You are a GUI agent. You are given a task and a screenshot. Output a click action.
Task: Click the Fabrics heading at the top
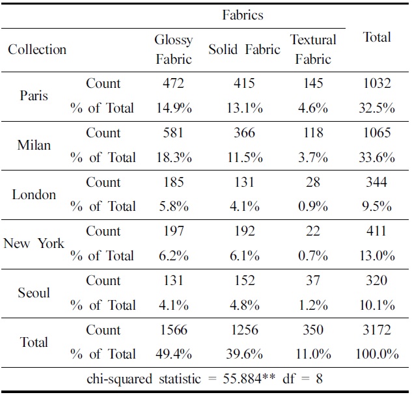coord(242,14)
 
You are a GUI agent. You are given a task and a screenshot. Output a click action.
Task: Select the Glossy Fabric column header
coord(173,49)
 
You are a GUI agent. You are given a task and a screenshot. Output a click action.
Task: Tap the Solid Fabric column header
coord(244,49)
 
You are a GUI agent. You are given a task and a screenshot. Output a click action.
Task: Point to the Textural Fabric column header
coord(313,49)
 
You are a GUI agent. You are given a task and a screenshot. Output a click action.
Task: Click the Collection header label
coord(37,49)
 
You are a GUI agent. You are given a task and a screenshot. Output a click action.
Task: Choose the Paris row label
coord(34,96)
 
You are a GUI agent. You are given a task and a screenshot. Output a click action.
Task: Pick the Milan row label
coord(34,145)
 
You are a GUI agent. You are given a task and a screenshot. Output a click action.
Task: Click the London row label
coord(34,195)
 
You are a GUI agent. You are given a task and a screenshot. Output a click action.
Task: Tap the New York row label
coord(34,243)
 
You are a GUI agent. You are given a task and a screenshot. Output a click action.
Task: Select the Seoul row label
coord(34,293)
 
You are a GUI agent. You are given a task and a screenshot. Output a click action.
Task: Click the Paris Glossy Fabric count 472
coord(173,83)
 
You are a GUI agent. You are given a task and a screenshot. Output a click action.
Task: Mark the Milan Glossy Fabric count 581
coord(173,133)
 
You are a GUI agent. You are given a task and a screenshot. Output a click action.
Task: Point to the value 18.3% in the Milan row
coord(173,157)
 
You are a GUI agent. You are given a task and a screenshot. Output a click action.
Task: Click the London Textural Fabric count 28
coord(313,182)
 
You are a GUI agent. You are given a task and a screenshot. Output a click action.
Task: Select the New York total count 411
coord(376,231)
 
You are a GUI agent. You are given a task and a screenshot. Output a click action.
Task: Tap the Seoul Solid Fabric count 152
coord(244,281)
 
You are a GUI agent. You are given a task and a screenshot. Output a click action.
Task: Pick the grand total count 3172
coord(376,330)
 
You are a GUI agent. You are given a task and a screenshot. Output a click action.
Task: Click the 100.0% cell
coord(376,355)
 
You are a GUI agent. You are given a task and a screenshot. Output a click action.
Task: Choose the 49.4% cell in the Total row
coord(173,355)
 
